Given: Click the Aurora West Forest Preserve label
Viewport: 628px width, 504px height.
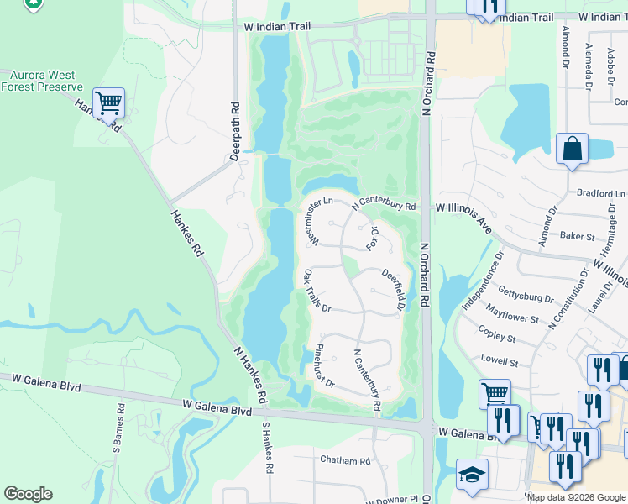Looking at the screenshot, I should [41, 81].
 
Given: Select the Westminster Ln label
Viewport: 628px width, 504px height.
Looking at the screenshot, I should [320, 223].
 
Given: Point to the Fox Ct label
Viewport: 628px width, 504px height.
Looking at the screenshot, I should [374, 238].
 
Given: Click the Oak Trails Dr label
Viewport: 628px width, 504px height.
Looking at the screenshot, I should [317, 291].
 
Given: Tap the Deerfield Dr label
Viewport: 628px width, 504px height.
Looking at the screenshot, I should [395, 288].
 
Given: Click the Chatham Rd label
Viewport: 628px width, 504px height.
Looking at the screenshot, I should [345, 460].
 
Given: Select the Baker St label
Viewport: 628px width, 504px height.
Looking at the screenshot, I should [578, 238].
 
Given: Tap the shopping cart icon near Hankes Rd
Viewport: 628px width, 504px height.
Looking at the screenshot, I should [108, 103].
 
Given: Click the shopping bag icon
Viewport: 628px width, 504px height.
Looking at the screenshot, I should [571, 150].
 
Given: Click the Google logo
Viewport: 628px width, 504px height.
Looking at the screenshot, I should [28, 494].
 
